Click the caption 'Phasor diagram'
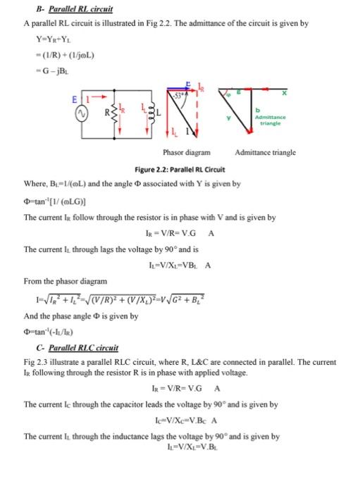[182, 152]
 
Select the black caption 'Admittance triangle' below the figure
[266, 152]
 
